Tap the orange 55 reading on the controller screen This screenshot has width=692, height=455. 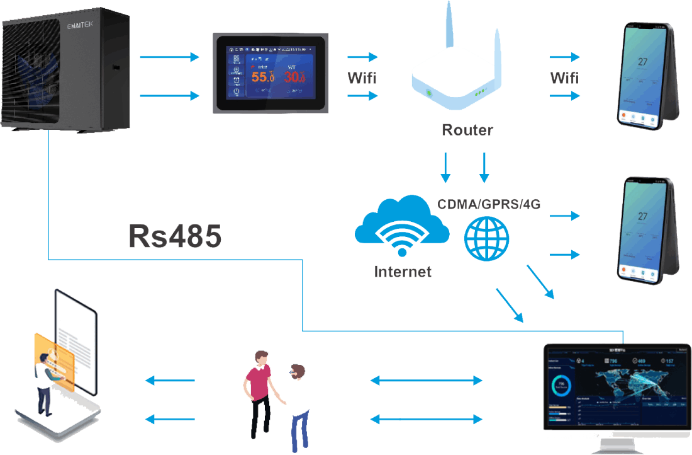pyautogui.click(x=264, y=78)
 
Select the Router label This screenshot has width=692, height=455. pyautogui.click(x=467, y=130)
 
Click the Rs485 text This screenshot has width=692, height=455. pyautogui.click(x=176, y=236)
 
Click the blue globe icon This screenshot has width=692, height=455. pyautogui.click(x=486, y=239)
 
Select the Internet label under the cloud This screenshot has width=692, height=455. pyautogui.click(x=403, y=272)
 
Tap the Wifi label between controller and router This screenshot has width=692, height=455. pyautogui.click(x=363, y=78)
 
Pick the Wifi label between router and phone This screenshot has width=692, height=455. pyautogui.click(x=564, y=78)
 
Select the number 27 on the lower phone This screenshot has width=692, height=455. pyautogui.click(x=642, y=217)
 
